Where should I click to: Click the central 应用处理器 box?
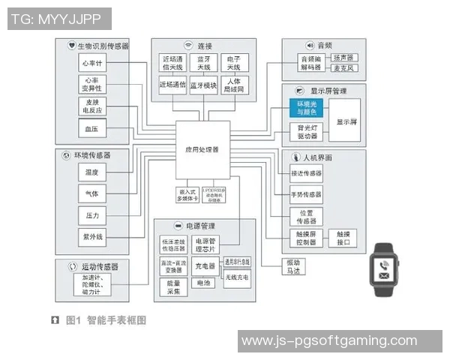click(202, 149)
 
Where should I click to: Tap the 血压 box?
click(94, 128)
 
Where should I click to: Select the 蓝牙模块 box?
click(203, 85)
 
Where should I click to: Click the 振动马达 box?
click(292, 266)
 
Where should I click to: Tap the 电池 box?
click(202, 283)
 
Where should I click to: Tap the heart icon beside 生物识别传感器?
click(71, 46)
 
